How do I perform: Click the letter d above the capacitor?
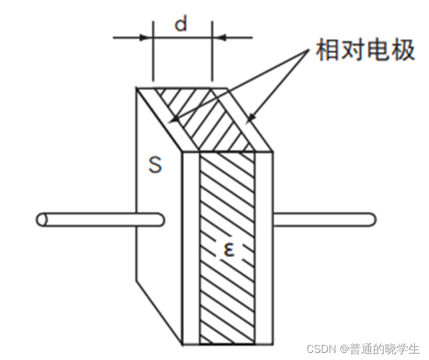(182, 24)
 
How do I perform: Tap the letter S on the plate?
(155, 165)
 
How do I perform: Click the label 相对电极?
(365, 51)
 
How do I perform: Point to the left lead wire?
(95, 219)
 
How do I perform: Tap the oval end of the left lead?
(42, 219)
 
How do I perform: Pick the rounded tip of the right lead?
(370, 219)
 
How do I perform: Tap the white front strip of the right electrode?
(265, 248)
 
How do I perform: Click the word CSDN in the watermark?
(320, 348)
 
